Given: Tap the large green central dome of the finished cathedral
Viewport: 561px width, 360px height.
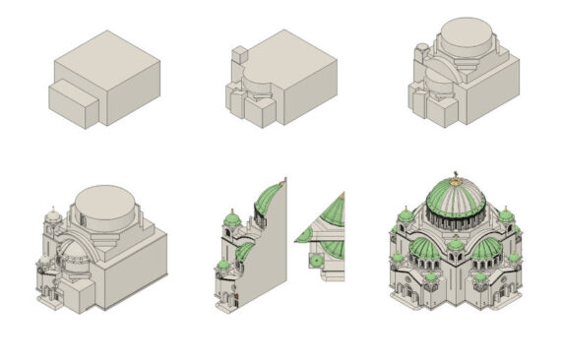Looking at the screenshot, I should [x=455, y=200].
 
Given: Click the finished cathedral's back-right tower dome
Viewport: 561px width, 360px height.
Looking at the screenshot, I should [x=506, y=215].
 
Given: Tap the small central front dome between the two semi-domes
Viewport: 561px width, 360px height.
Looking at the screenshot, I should [x=456, y=244].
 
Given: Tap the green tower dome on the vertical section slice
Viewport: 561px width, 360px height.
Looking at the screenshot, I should [x=232, y=217].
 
